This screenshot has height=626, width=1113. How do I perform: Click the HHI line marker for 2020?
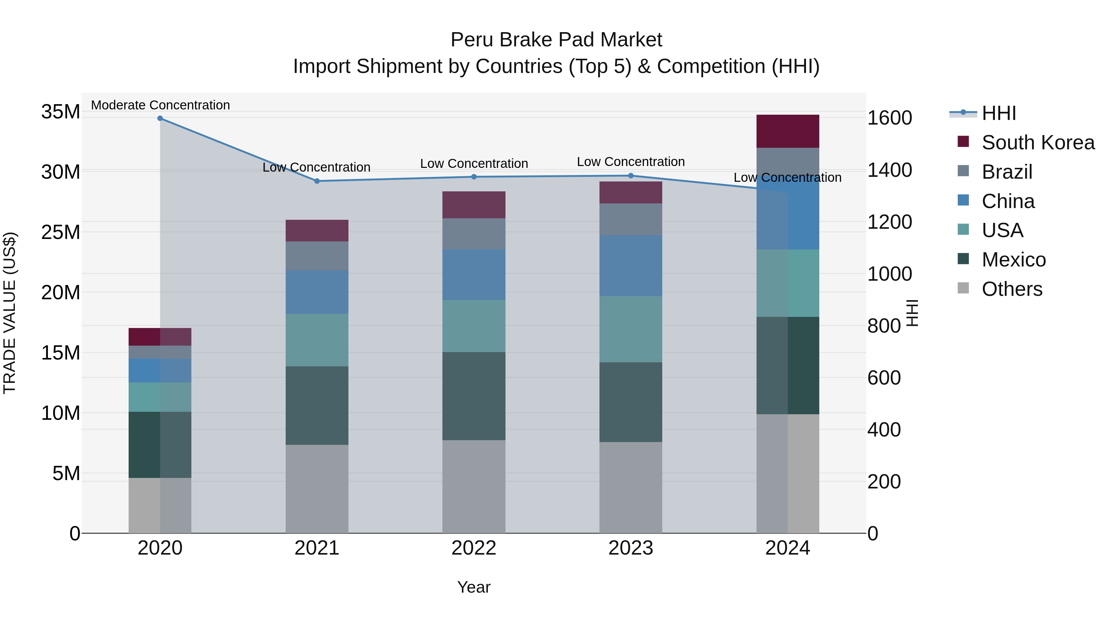[x=160, y=118]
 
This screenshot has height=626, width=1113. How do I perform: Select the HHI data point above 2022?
[x=474, y=177]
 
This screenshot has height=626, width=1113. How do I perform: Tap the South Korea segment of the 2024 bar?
[x=788, y=131]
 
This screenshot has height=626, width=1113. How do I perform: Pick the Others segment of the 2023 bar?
[x=630, y=487]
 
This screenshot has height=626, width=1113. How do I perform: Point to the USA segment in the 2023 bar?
[x=630, y=329]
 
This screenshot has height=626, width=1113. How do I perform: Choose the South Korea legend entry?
[x=1038, y=143]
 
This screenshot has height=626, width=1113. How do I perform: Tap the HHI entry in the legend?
[x=999, y=113]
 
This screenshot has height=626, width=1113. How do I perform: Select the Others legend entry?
[x=1012, y=289]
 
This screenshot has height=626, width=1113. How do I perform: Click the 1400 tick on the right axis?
[x=889, y=170]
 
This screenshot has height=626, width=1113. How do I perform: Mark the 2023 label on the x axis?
[x=630, y=548]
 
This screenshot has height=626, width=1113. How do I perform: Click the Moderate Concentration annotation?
[x=160, y=105]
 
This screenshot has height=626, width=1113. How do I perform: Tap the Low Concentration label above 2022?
[x=474, y=164]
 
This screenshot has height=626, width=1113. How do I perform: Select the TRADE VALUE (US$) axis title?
[x=10, y=313]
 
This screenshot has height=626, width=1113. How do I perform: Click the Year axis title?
[x=474, y=587]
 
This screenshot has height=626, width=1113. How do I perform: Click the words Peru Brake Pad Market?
[x=556, y=40]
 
